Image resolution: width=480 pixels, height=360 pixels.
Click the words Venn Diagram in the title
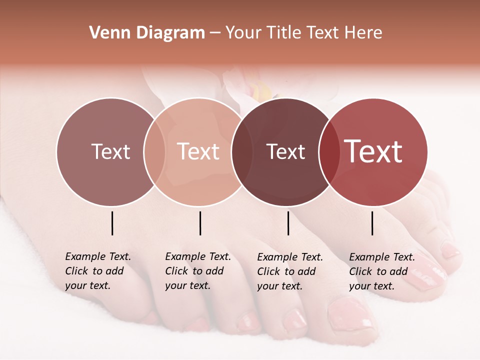(x=147, y=33)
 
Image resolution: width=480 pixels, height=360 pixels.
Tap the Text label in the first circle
(x=110, y=151)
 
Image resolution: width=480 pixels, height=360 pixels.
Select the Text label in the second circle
(x=198, y=151)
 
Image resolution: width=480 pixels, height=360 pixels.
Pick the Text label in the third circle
(x=286, y=151)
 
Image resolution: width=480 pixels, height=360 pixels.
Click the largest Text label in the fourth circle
(x=373, y=151)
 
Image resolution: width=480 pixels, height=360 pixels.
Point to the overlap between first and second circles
(x=154, y=152)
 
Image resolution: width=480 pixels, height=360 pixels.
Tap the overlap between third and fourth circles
(x=329, y=152)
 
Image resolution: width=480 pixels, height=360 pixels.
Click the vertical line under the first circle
(x=112, y=223)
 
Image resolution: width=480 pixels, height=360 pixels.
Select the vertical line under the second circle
(x=200, y=223)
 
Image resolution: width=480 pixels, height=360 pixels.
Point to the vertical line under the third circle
(x=288, y=223)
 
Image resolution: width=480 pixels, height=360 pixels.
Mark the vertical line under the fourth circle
(x=372, y=223)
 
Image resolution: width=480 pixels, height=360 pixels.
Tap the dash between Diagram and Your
(x=215, y=33)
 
